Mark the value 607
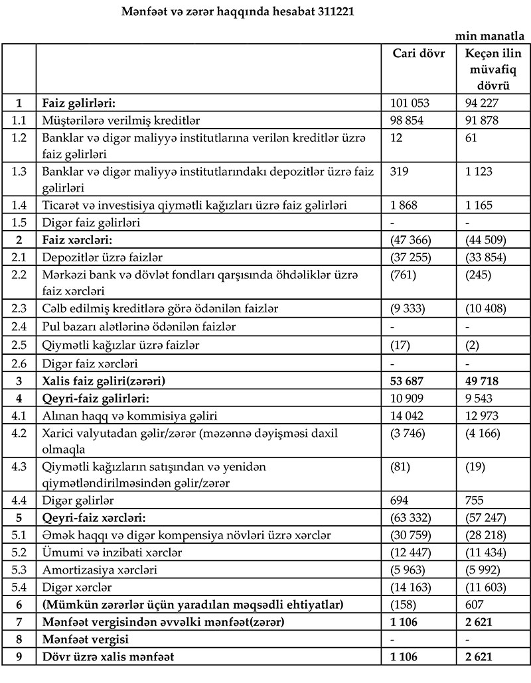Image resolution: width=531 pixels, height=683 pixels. click(474, 605)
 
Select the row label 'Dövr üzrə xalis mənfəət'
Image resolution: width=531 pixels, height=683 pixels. click(108, 658)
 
